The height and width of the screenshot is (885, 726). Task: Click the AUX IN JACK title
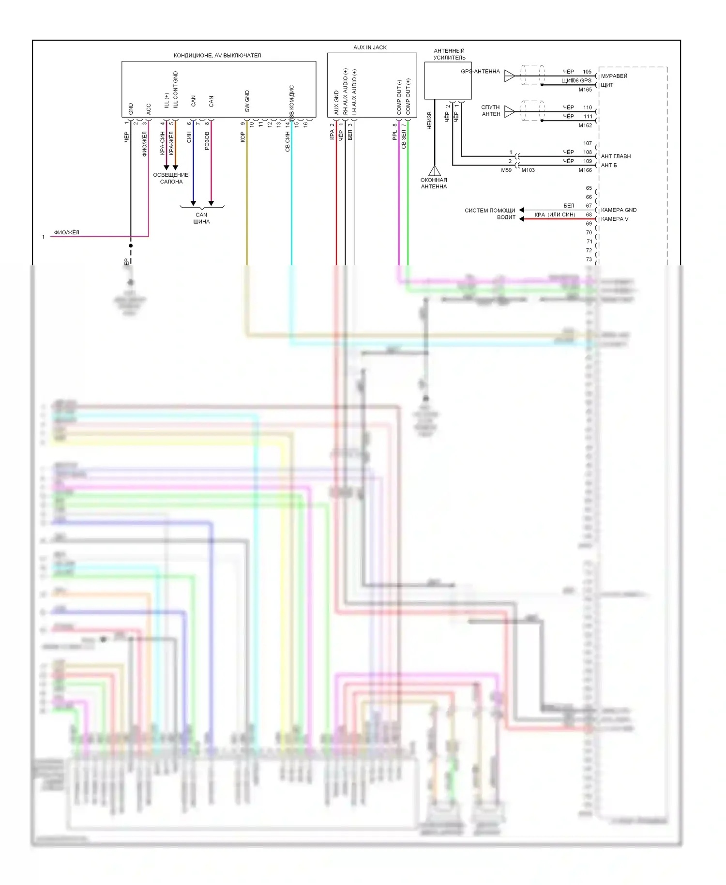pyautogui.click(x=370, y=47)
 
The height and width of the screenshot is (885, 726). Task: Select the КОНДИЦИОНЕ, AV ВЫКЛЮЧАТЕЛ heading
pyautogui.click(x=217, y=56)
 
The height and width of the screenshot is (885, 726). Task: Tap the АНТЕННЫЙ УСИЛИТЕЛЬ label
pyautogui.click(x=449, y=54)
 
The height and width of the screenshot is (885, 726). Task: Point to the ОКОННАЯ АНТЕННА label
pyautogui.click(x=434, y=183)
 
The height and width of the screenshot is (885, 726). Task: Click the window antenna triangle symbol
pyautogui.click(x=435, y=171)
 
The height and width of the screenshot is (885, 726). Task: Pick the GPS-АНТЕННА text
pyautogui.click(x=480, y=72)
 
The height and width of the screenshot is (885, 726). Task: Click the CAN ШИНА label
pyautogui.click(x=201, y=218)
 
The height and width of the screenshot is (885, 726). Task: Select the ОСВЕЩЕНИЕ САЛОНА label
pyautogui.click(x=171, y=178)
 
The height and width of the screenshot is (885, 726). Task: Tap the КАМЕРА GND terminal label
pyautogui.click(x=619, y=210)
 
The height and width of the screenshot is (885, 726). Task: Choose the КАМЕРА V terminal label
pyautogui.click(x=615, y=219)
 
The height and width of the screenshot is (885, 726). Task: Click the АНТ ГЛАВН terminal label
pyautogui.click(x=616, y=156)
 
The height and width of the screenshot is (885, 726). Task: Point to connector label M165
pyautogui.click(x=585, y=90)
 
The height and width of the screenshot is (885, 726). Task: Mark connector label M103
pyautogui.click(x=528, y=170)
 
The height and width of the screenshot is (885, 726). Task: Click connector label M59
pyautogui.click(x=506, y=170)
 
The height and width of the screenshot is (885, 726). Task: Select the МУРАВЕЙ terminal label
pyautogui.click(x=614, y=76)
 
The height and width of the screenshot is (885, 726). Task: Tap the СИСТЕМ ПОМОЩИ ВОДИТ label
pyautogui.click(x=490, y=214)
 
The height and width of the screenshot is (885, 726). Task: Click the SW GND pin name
pyautogui.click(x=247, y=101)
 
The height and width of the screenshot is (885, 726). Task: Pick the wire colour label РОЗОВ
pyautogui.click(x=207, y=141)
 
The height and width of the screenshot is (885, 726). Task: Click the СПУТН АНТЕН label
pyautogui.click(x=491, y=110)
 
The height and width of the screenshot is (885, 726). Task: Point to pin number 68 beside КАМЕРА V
pyautogui.click(x=589, y=214)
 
